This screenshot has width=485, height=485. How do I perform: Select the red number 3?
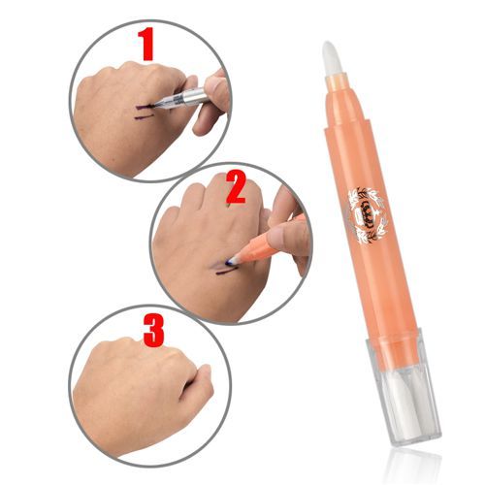pyautogui.click(x=152, y=329)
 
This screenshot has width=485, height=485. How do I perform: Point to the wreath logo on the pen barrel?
pyautogui.click(x=369, y=211)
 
